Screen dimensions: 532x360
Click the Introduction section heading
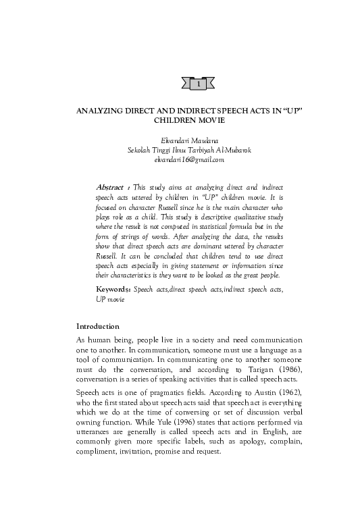point(98,326)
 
